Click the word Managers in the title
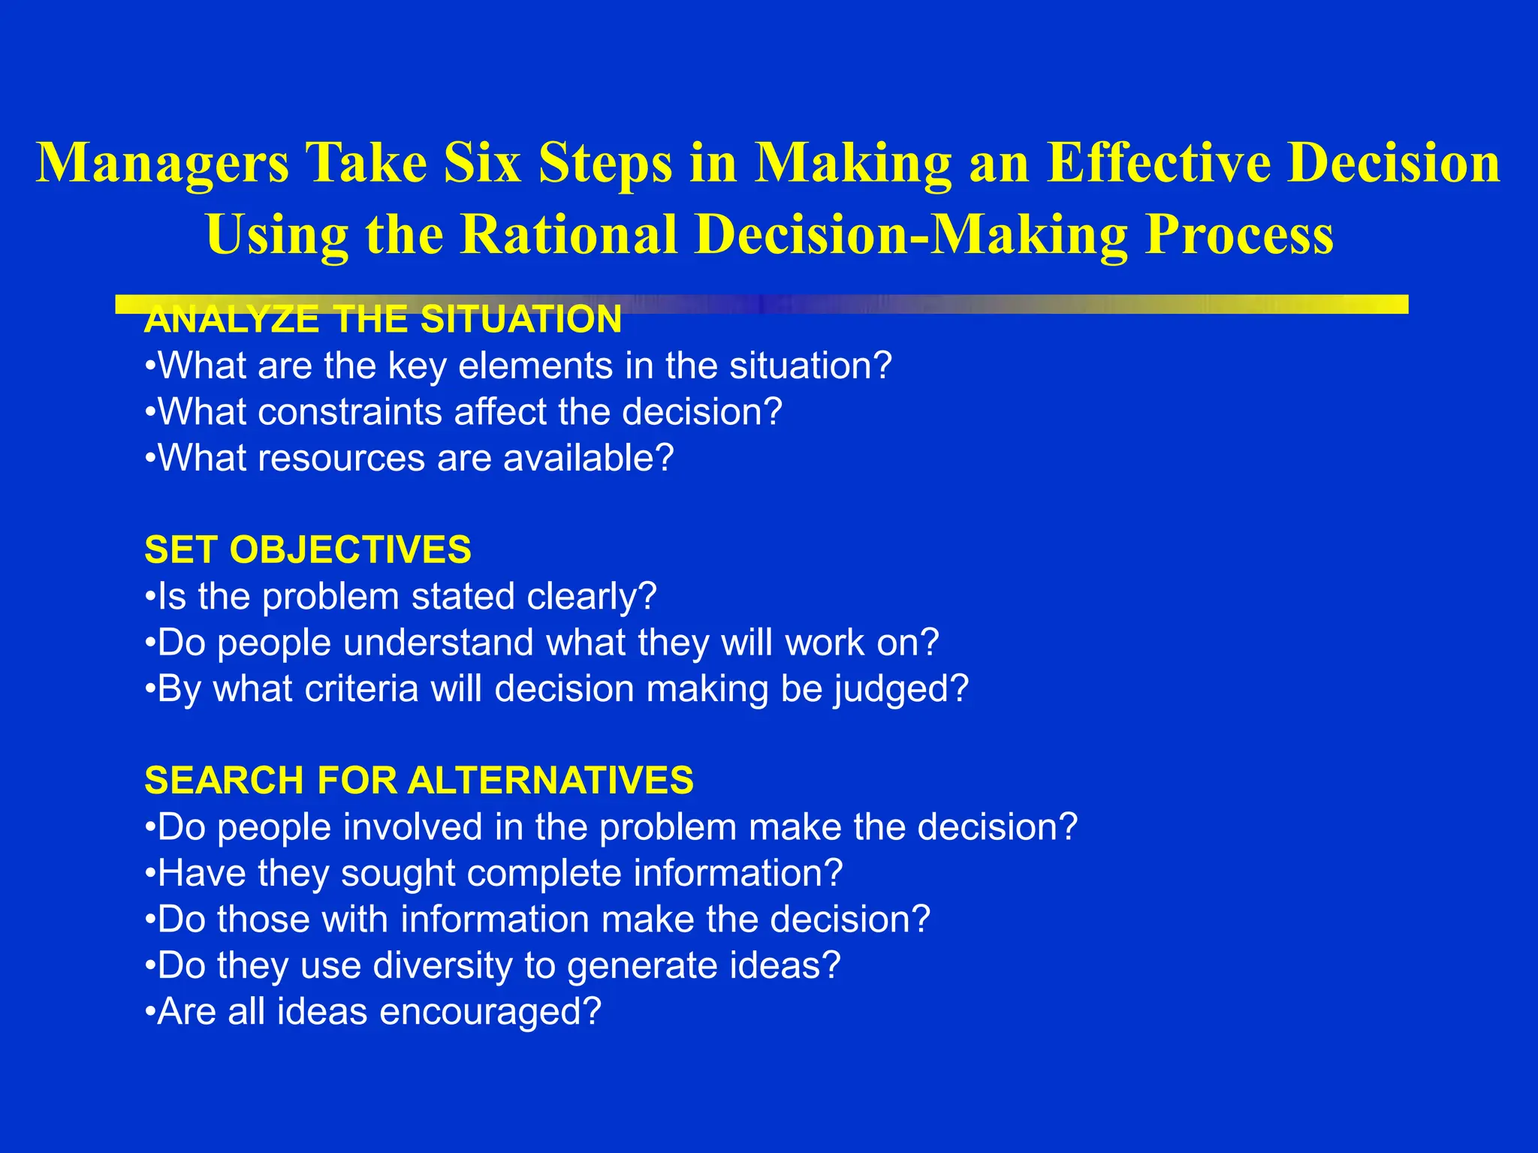(x=162, y=164)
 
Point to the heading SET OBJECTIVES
(x=308, y=549)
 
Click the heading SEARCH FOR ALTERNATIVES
(x=418, y=780)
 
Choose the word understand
(x=439, y=643)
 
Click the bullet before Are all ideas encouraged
(x=150, y=1012)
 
